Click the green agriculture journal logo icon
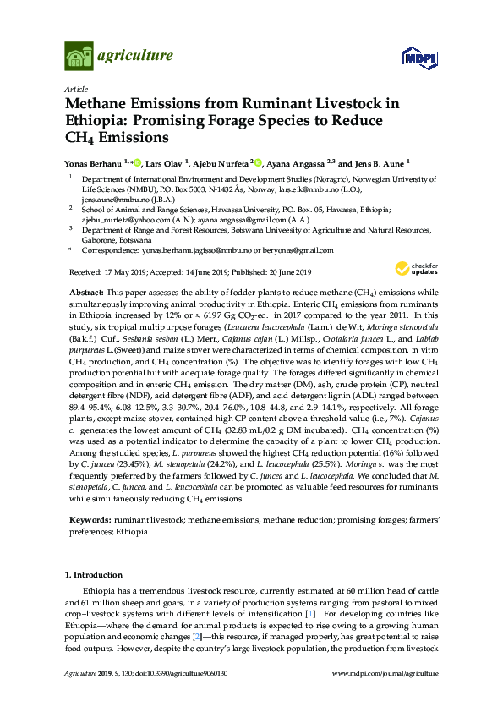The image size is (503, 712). [79, 57]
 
